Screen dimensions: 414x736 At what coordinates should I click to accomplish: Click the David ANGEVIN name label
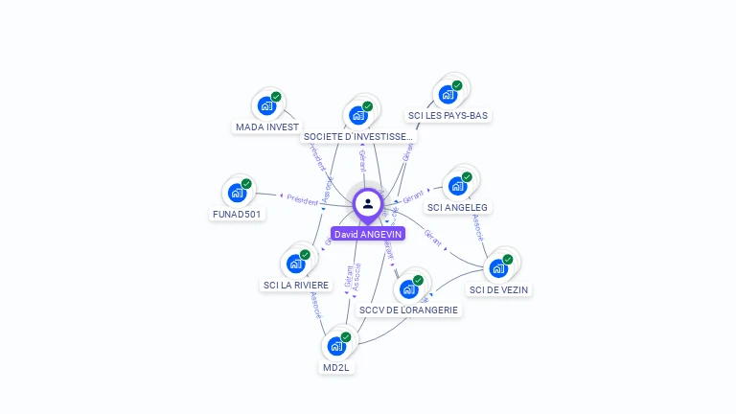click(x=368, y=234)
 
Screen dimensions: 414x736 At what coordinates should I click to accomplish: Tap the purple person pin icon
click(x=368, y=204)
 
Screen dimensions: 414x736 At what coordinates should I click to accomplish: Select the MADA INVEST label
click(x=267, y=126)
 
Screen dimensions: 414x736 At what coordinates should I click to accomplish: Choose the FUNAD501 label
click(x=237, y=214)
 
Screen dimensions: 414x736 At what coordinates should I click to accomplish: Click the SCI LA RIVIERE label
click(x=296, y=285)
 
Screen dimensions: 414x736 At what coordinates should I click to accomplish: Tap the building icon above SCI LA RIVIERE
click(x=295, y=263)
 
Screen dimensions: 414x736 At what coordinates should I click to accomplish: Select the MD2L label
click(x=336, y=367)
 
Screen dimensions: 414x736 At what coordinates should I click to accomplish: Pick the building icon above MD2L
click(x=336, y=345)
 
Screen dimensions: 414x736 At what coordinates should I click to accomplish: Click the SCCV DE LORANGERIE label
click(x=409, y=310)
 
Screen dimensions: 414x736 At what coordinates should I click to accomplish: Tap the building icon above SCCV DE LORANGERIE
click(x=408, y=287)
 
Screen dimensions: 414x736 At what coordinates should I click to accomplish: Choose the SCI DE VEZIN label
click(x=498, y=289)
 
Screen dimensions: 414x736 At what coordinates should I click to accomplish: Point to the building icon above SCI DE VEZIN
click(x=498, y=267)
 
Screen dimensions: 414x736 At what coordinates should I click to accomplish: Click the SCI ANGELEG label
click(x=457, y=207)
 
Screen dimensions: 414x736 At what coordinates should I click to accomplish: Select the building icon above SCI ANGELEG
click(x=457, y=185)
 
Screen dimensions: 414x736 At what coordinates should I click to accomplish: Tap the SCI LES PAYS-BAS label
click(x=448, y=115)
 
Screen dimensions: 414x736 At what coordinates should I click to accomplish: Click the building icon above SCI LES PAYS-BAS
click(x=447, y=94)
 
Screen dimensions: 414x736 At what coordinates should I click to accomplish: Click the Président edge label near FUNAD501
click(x=302, y=198)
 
